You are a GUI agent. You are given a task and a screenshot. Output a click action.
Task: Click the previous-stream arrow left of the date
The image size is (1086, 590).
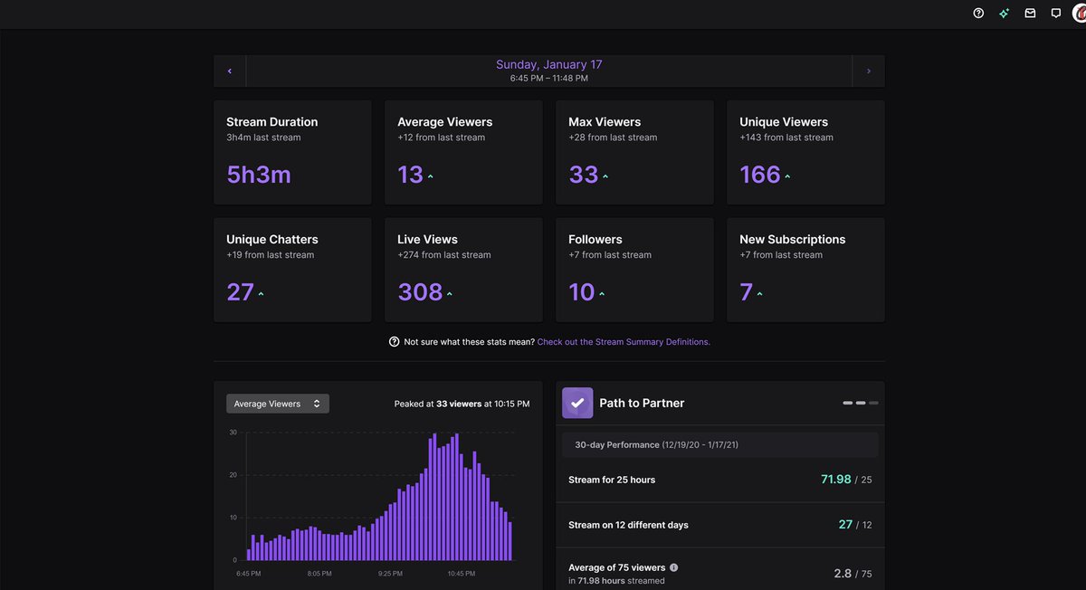pyautogui.click(x=230, y=71)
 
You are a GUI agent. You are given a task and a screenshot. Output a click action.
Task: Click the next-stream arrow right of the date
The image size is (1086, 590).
pyautogui.click(x=869, y=71)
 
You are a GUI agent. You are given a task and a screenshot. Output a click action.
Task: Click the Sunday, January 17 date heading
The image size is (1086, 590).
pyautogui.click(x=548, y=65)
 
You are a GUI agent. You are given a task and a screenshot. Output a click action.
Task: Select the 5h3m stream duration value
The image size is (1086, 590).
pyautogui.click(x=259, y=175)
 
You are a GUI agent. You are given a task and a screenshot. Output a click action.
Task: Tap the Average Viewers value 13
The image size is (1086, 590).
pyautogui.click(x=410, y=175)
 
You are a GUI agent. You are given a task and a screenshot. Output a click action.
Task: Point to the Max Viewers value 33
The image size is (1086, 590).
pyautogui.click(x=583, y=175)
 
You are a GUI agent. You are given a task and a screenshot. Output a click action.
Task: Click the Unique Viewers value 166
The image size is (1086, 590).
pyautogui.click(x=759, y=175)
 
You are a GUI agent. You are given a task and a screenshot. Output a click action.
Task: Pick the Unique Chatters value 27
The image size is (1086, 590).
pyautogui.click(x=240, y=292)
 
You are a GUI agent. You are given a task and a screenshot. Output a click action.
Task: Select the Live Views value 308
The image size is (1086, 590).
pyautogui.click(x=420, y=292)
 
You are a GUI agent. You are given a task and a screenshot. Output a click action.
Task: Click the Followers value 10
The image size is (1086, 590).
pyautogui.click(x=581, y=292)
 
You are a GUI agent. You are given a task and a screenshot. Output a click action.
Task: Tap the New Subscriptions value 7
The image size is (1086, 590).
pyautogui.click(x=746, y=292)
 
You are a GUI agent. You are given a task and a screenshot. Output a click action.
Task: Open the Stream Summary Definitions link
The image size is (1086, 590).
pyautogui.click(x=624, y=342)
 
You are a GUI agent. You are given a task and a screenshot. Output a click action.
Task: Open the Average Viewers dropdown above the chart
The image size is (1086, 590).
pyautogui.click(x=277, y=404)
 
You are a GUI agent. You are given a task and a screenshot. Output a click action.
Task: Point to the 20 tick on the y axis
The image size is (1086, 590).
pyautogui.click(x=233, y=475)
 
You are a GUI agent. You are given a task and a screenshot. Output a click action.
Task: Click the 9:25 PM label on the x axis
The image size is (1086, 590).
pyautogui.click(x=391, y=574)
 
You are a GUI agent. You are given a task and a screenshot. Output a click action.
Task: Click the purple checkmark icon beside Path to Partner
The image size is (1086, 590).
pyautogui.click(x=577, y=403)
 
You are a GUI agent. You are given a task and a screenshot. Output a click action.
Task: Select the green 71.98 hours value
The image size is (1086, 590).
pyautogui.click(x=835, y=480)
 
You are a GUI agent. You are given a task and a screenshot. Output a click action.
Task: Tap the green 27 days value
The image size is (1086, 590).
pyautogui.click(x=845, y=525)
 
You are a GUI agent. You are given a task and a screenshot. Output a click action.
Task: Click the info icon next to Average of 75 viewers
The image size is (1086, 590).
pyautogui.click(x=673, y=567)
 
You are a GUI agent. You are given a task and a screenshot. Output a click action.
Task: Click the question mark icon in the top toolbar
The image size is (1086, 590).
pyautogui.click(x=978, y=14)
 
